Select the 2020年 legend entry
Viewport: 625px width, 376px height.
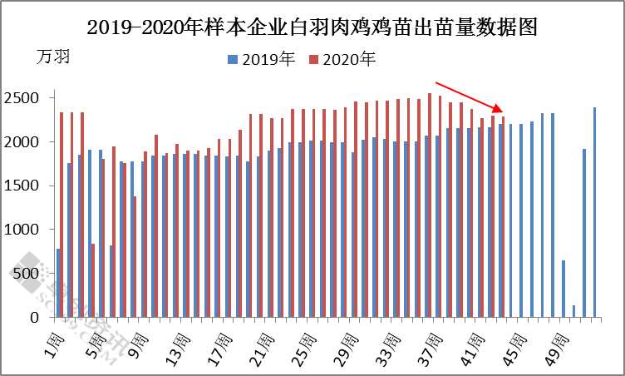point(342,59)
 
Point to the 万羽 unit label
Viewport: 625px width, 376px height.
point(54,57)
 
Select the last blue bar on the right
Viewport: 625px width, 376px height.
point(595,212)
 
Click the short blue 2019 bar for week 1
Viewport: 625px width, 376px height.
point(58,283)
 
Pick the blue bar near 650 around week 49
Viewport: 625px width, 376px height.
point(563,289)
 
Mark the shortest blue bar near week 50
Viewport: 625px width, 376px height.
point(573,311)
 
